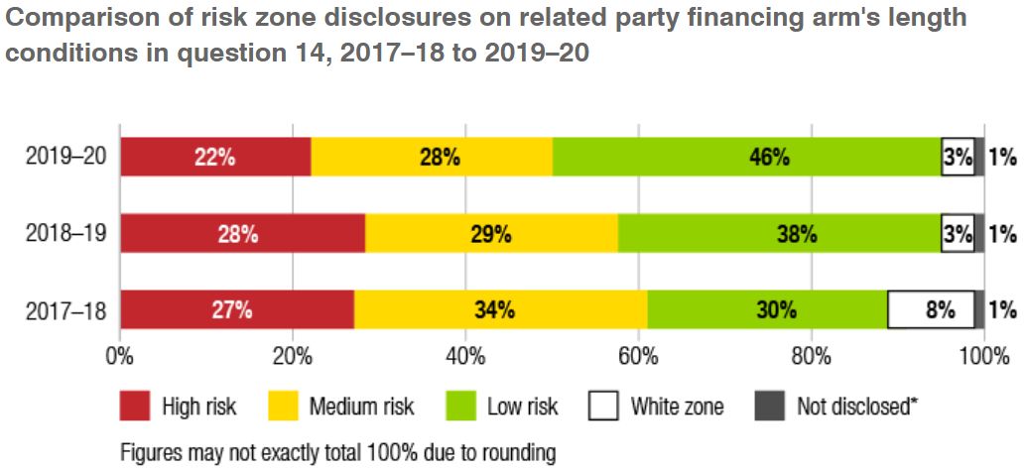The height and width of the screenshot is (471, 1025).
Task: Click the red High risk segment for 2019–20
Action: pos(214,157)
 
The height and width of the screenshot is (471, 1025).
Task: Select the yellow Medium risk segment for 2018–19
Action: pos(491,234)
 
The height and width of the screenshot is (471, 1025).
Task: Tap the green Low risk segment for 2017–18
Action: pos(767,309)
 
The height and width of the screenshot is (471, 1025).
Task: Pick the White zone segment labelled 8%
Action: pos(931,309)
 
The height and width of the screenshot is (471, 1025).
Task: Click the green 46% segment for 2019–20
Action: pos(746,157)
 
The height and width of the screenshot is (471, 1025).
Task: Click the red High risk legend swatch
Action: pos(135,406)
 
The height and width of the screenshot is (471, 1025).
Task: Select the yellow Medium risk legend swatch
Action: pos(284,406)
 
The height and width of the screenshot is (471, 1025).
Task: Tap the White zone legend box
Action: pos(604,406)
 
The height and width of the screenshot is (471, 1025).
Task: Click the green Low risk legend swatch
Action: pos(460,406)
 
